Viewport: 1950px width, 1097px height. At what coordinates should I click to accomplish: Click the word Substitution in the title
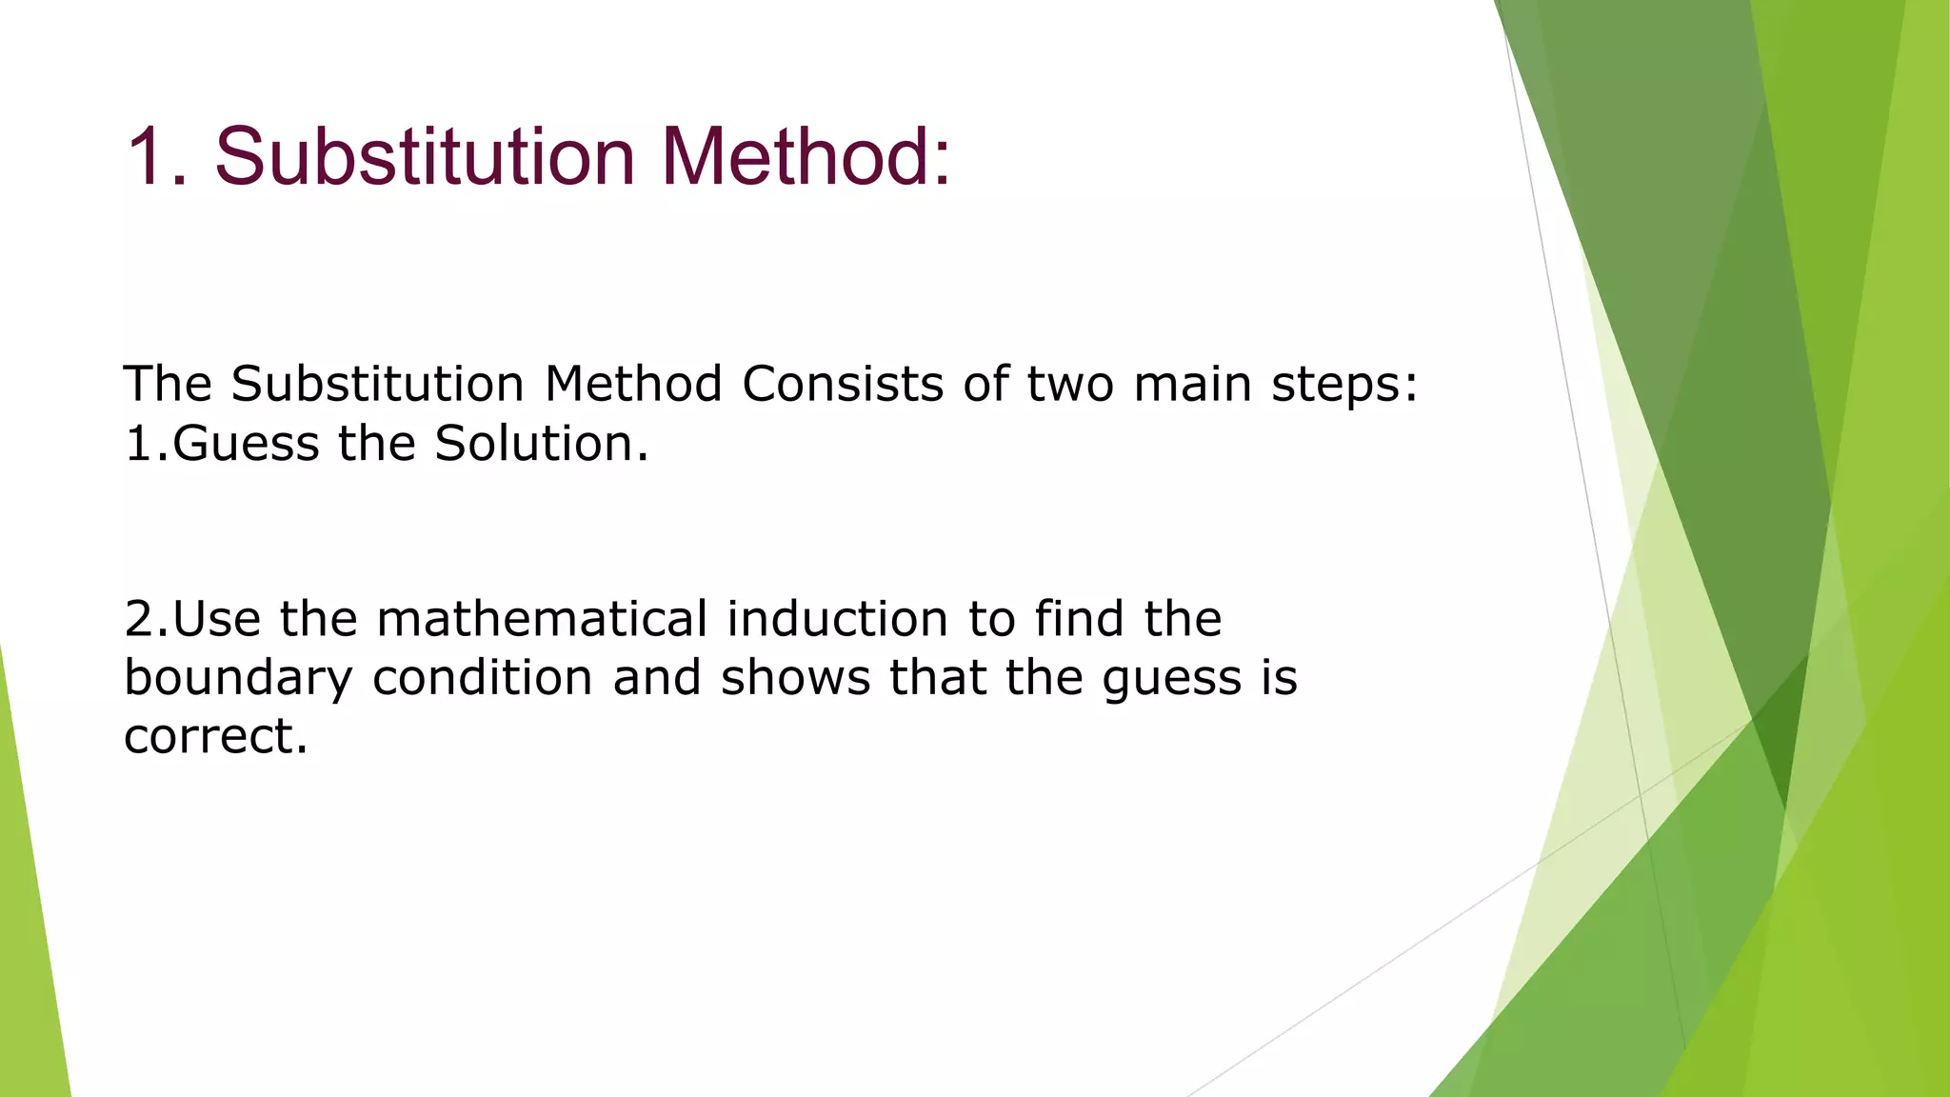(x=425, y=156)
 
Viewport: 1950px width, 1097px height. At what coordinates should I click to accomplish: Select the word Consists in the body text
(x=843, y=384)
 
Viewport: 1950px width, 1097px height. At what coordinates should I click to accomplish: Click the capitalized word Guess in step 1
(x=246, y=444)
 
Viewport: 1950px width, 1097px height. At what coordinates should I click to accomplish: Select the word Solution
(x=541, y=444)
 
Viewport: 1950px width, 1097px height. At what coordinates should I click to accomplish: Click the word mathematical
(x=542, y=619)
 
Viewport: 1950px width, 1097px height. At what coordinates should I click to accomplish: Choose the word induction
(x=837, y=619)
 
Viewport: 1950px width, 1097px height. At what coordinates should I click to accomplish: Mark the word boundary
(x=238, y=679)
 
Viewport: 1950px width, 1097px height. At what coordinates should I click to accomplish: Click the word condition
(x=483, y=678)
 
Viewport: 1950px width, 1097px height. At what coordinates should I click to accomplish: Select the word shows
(x=795, y=678)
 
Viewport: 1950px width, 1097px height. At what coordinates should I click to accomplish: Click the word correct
(x=215, y=737)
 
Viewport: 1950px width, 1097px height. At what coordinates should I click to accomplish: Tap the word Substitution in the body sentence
(x=377, y=384)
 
